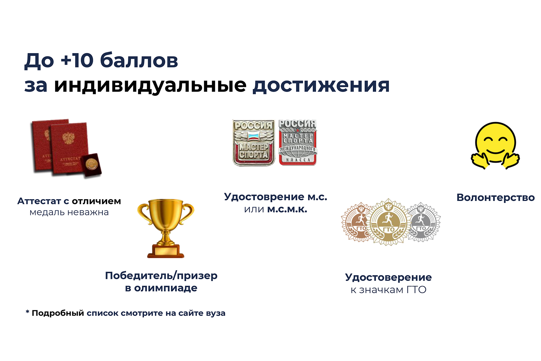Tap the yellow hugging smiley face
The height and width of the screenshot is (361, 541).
pyautogui.click(x=495, y=146)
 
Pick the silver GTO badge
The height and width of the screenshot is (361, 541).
pyautogui.click(x=423, y=222)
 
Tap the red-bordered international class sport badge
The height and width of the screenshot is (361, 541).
pyautogui.click(x=298, y=143)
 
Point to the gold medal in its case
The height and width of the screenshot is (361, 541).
pyautogui.click(x=92, y=165)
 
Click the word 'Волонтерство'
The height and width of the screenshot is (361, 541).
pyautogui.click(x=496, y=198)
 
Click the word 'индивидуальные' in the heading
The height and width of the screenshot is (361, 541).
pyautogui.click(x=150, y=86)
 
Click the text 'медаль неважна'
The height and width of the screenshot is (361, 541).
pyautogui.click(x=69, y=212)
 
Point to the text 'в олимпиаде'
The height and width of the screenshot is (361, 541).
pyautogui.click(x=161, y=288)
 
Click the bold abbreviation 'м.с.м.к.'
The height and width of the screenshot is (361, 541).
pyautogui.click(x=287, y=209)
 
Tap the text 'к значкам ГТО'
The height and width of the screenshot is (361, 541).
pyautogui.click(x=388, y=290)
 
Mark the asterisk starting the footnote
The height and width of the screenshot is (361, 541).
pyautogui.click(x=27, y=312)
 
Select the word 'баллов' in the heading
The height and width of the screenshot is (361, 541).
pyautogui.click(x=139, y=60)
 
